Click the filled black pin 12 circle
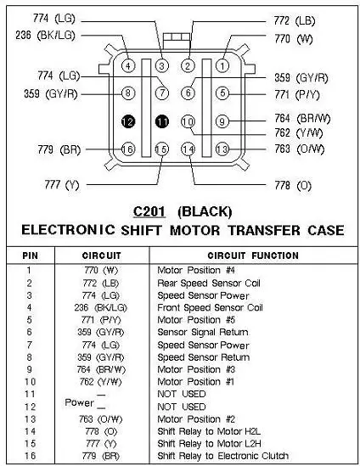(128, 121)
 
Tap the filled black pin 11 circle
(162, 121)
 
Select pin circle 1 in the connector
(222, 65)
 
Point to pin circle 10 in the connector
(188, 121)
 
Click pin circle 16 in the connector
(128, 149)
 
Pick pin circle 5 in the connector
(222, 93)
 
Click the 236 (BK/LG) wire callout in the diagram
(45, 36)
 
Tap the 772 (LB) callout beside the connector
(295, 20)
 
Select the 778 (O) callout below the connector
(293, 185)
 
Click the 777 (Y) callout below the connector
(62, 184)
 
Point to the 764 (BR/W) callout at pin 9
(302, 118)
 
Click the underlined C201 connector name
(149, 211)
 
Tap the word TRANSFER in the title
(264, 231)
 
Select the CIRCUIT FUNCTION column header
(253, 255)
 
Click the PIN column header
(30, 255)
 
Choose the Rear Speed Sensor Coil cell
(209, 284)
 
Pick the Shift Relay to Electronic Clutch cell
(223, 456)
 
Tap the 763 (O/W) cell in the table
(100, 419)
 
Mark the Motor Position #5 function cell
(196, 320)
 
